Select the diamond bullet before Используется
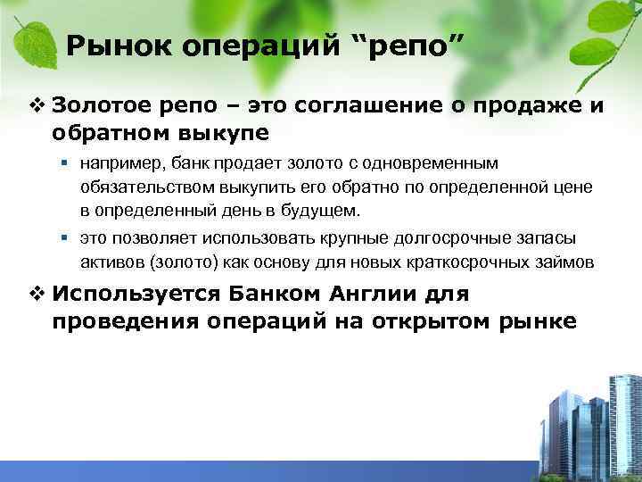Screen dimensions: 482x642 pos(37,295)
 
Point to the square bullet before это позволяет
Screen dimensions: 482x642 pos(67,239)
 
